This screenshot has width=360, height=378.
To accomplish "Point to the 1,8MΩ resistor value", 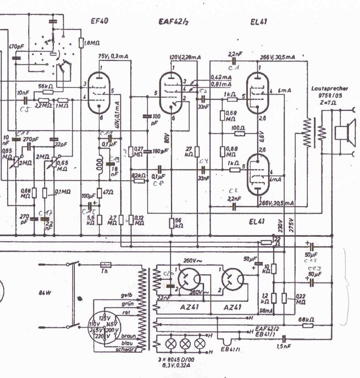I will pos(90,42).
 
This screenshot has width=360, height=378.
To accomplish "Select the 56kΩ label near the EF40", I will pos(46,87).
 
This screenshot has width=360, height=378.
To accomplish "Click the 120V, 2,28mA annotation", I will pos(185,57).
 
